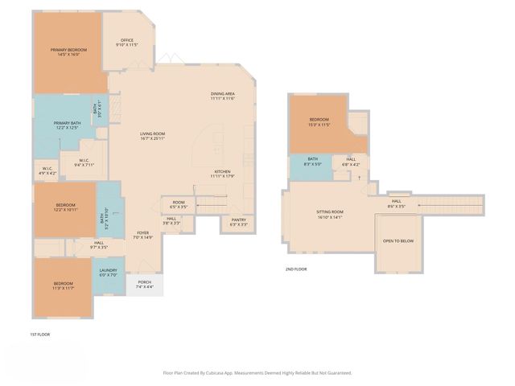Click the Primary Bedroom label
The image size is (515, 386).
tap(69, 52)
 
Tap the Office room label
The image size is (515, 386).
tap(126, 42)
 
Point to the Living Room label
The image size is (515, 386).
tap(152, 136)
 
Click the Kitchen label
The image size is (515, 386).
tap(223, 173)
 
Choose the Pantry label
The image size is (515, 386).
tap(238, 221)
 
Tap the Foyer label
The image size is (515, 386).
tap(142, 235)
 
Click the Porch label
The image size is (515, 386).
tap(145, 284)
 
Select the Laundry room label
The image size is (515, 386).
tap(108, 273)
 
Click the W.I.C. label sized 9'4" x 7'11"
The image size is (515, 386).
tap(84, 162)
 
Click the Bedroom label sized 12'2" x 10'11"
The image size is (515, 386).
tap(65, 207)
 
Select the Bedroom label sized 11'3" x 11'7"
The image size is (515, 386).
tap(64, 285)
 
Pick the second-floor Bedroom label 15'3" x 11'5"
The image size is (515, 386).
tap(319, 122)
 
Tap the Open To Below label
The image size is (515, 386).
tap(398, 241)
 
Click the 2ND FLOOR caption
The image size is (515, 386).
tap(295, 269)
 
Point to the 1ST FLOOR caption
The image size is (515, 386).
tap(39, 333)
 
